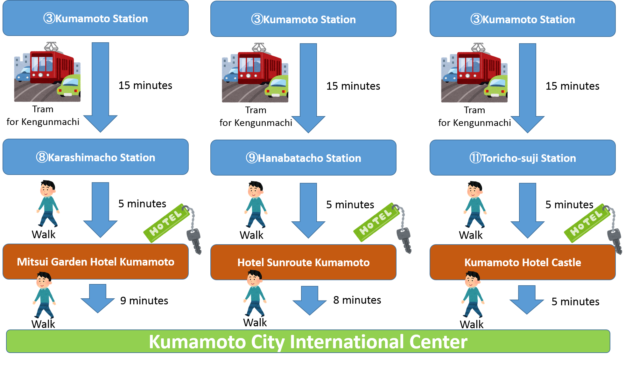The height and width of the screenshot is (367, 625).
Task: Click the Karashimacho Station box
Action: coord(95,157)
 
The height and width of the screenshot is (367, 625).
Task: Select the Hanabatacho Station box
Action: coord(303,158)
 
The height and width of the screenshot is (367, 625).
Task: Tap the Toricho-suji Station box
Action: coord(523,158)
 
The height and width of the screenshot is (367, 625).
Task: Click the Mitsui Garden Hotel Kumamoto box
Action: coord(95,262)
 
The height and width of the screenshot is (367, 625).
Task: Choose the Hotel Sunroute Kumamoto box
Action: coord(303,262)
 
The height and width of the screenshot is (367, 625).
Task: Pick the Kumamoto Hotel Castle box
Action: coord(523,262)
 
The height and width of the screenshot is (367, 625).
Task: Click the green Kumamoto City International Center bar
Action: coord(308,341)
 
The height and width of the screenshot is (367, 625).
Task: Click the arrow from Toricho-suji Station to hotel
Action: coord(527,210)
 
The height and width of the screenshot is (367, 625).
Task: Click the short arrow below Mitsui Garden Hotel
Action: coord(98,298)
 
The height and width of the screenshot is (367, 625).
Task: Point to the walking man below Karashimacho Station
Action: coord(48,204)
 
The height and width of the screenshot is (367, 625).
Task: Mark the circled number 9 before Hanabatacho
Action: coord(252,157)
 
